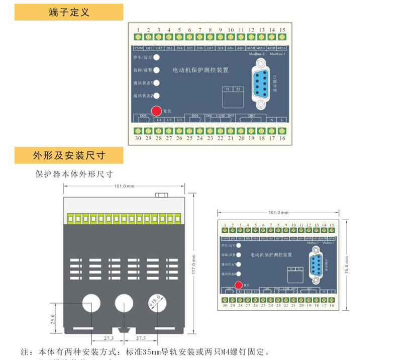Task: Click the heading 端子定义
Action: coord(69,12)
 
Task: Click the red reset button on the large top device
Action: coord(156,110)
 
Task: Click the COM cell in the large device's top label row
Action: coord(138,48)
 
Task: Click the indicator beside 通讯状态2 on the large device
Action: coord(156,96)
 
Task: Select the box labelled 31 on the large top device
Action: coord(227,89)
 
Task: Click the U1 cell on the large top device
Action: coord(159,120)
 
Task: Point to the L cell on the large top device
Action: coord(282,120)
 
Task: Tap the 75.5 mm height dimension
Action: coord(346,263)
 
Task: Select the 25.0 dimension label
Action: coord(52,319)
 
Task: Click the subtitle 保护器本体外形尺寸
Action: coord(74,174)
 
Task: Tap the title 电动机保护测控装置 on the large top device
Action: coord(200,71)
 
